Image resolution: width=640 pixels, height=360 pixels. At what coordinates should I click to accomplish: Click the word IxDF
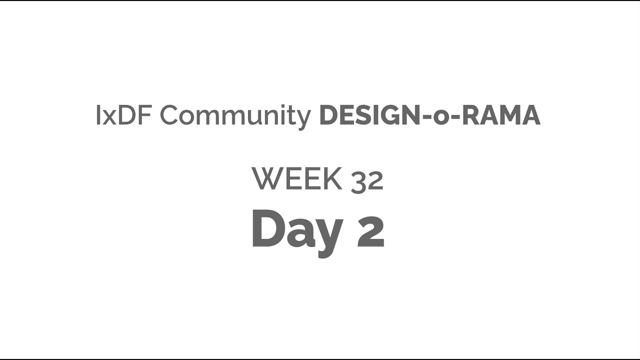tap(124, 116)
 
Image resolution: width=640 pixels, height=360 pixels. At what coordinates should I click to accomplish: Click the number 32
tap(367, 180)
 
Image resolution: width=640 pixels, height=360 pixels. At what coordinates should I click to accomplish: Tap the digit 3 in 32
tap(358, 180)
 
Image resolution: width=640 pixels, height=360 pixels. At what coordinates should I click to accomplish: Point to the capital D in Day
tap(268, 228)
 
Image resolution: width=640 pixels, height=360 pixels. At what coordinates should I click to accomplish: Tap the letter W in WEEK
tap(266, 179)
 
